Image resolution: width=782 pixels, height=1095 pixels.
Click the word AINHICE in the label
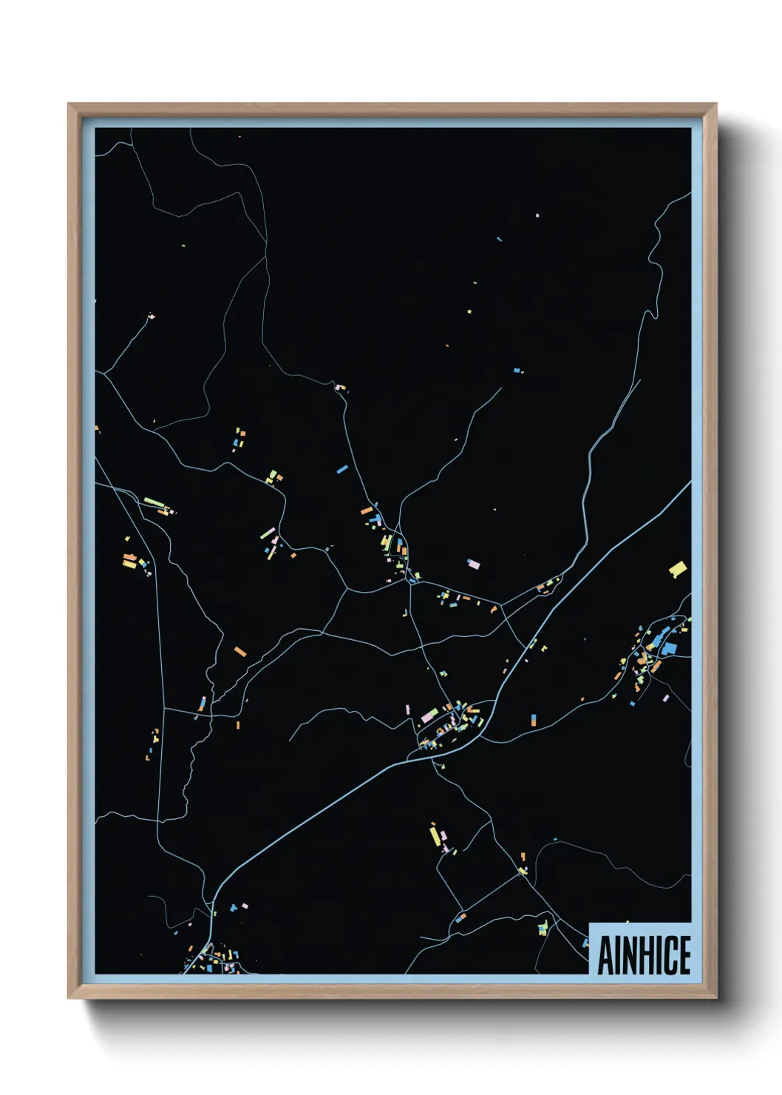point(644,954)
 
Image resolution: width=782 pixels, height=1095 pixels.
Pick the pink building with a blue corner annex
point(473,565)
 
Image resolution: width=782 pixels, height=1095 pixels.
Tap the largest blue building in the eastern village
point(669,649)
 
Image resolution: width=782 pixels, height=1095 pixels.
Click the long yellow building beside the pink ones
point(435,835)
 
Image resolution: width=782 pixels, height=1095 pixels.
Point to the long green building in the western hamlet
point(154,503)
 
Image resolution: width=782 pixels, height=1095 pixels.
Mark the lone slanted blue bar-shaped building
point(342,469)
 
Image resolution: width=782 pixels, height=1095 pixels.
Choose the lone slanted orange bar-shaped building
point(240,651)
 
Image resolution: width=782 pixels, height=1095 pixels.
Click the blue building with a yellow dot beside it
point(517,370)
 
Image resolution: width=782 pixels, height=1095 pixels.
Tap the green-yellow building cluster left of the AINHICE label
point(543,927)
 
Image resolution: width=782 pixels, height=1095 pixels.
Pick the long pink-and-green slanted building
point(268,533)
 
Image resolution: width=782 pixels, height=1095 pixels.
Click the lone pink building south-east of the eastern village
point(666,698)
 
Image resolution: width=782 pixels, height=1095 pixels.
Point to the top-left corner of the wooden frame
point(69,105)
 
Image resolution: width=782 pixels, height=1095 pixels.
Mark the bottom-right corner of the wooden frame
point(715,997)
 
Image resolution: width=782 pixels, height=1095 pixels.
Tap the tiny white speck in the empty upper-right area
point(537,215)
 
